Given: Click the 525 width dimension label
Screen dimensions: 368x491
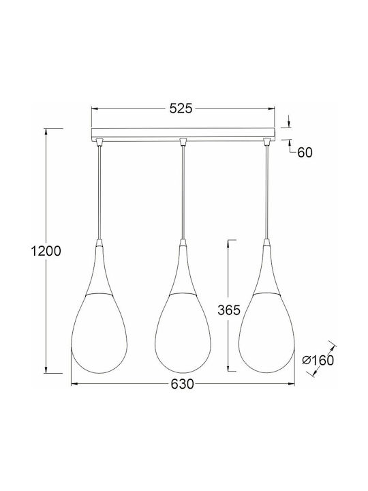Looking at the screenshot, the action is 181,108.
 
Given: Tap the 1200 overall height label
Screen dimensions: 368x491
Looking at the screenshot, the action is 46,251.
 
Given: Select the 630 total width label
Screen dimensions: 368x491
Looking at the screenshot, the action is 183,384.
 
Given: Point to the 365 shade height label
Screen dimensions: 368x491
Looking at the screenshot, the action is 229,310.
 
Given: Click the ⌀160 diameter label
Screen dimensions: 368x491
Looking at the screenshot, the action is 318,360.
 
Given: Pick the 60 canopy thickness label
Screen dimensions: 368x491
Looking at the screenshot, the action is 305,153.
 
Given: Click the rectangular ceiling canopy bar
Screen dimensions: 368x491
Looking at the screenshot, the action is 183,134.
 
